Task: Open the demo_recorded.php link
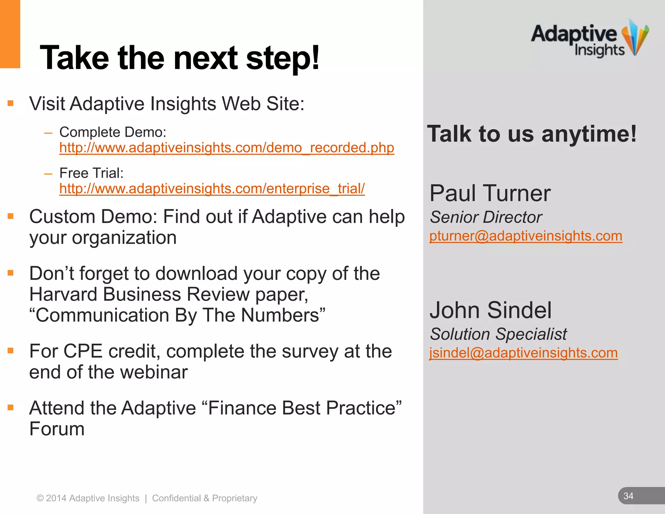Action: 226,148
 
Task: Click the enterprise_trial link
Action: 212,189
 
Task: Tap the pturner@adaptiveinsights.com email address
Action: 525,236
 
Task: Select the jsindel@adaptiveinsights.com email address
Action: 523,353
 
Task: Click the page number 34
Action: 628,496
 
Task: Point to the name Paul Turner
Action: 490,193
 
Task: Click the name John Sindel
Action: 490,310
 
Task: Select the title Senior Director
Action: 486,217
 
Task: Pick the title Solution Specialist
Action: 498,334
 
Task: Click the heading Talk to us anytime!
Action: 532,134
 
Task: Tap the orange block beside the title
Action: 10,34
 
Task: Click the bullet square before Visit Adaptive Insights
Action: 11,104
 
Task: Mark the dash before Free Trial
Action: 48,174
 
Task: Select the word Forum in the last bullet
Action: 57,429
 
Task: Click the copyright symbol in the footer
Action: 40,498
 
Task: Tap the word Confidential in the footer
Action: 176,498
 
